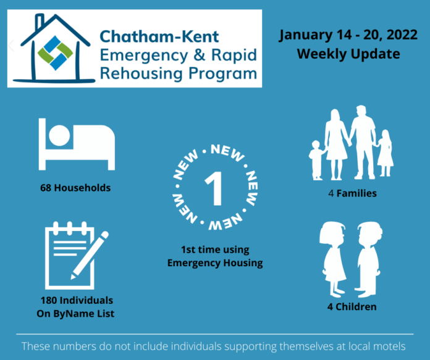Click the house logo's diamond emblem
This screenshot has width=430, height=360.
pyautogui.click(x=56, y=53)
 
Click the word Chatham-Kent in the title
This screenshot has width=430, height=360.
pyautogui.click(x=159, y=36)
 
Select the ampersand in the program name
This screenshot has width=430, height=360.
pyautogui.click(x=200, y=54)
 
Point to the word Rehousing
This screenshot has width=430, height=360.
pyautogui.click(x=141, y=73)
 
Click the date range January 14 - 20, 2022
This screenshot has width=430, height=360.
pyautogui.click(x=348, y=35)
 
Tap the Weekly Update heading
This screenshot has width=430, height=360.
pyautogui.click(x=348, y=54)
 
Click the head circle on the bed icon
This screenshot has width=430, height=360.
pyautogui.click(x=59, y=135)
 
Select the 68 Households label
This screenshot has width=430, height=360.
pyautogui.click(x=75, y=188)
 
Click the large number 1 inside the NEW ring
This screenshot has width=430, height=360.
pyautogui.click(x=214, y=188)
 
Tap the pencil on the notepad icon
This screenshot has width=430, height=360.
pyautogui.click(x=90, y=255)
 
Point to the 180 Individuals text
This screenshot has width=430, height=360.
pyautogui.click(x=77, y=300)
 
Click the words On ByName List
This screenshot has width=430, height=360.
pyautogui.click(x=75, y=314)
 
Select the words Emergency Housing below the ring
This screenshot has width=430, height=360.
pyautogui.click(x=215, y=262)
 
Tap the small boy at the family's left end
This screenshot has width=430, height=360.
pyautogui.click(x=317, y=160)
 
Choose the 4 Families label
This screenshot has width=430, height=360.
pyautogui.click(x=352, y=193)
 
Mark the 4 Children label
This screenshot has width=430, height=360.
pyautogui.click(x=352, y=306)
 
